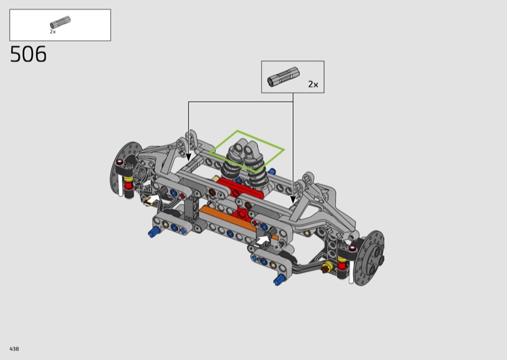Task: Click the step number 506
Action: coord(29,54)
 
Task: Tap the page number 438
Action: coord(14,349)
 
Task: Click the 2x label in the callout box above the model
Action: coord(313,84)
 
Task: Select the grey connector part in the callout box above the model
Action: coord(283,77)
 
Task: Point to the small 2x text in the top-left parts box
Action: coord(53,32)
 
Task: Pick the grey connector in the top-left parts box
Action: coord(60,22)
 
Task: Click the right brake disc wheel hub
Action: coord(369,258)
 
